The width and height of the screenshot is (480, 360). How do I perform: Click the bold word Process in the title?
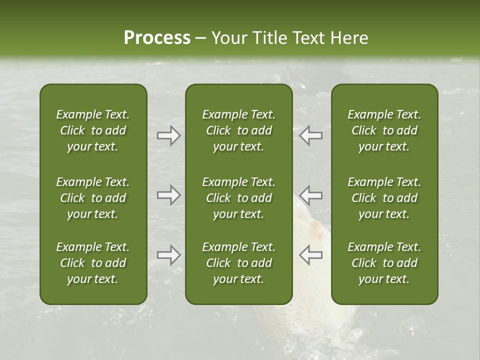click(157, 38)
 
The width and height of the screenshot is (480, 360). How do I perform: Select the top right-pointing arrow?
click(169, 135)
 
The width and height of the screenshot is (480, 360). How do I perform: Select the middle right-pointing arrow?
click(169, 195)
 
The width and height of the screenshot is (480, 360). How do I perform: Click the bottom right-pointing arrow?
click(169, 255)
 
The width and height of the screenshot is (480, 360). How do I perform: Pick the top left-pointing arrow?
click(310, 135)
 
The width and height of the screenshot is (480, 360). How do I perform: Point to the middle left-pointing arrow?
click(310, 195)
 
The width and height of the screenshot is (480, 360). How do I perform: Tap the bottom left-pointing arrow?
click(310, 255)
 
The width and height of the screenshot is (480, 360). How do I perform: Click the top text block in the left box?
click(93, 130)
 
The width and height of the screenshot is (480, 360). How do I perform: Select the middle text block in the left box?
click(93, 198)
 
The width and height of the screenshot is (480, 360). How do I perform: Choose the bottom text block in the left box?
click(93, 263)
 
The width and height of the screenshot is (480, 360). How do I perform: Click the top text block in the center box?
click(238, 130)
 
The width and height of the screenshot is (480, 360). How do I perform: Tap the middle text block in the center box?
click(238, 198)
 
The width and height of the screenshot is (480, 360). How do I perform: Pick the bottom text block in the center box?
click(238, 263)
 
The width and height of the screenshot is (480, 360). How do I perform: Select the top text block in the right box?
click(384, 130)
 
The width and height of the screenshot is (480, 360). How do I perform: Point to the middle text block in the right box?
click(384, 198)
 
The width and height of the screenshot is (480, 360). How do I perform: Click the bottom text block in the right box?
click(384, 263)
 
